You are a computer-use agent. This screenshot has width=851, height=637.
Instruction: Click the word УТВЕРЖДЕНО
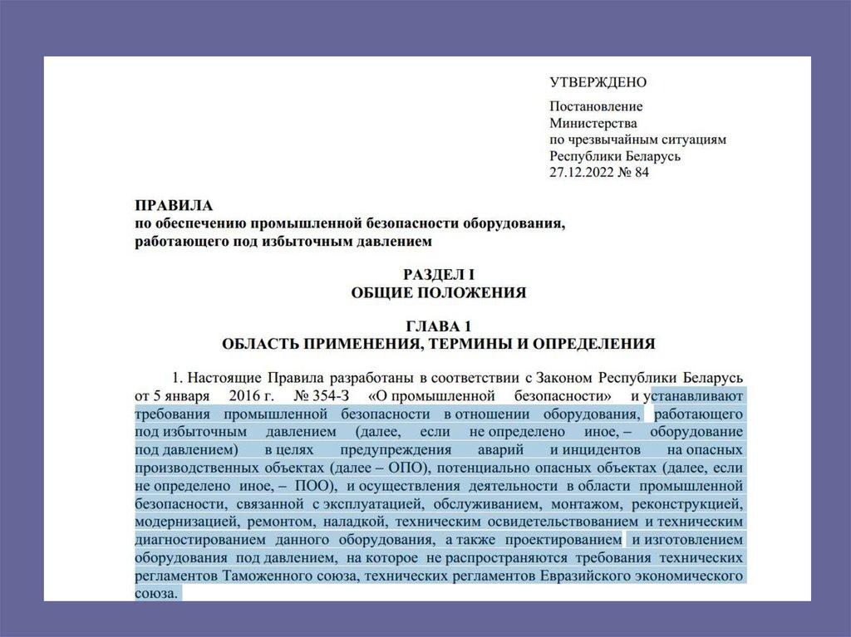point(598,82)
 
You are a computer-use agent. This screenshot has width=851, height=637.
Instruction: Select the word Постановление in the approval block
point(596,106)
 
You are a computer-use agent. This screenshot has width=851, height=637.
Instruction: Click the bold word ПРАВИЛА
point(174,205)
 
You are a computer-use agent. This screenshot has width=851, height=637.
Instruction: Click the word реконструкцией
point(697,504)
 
